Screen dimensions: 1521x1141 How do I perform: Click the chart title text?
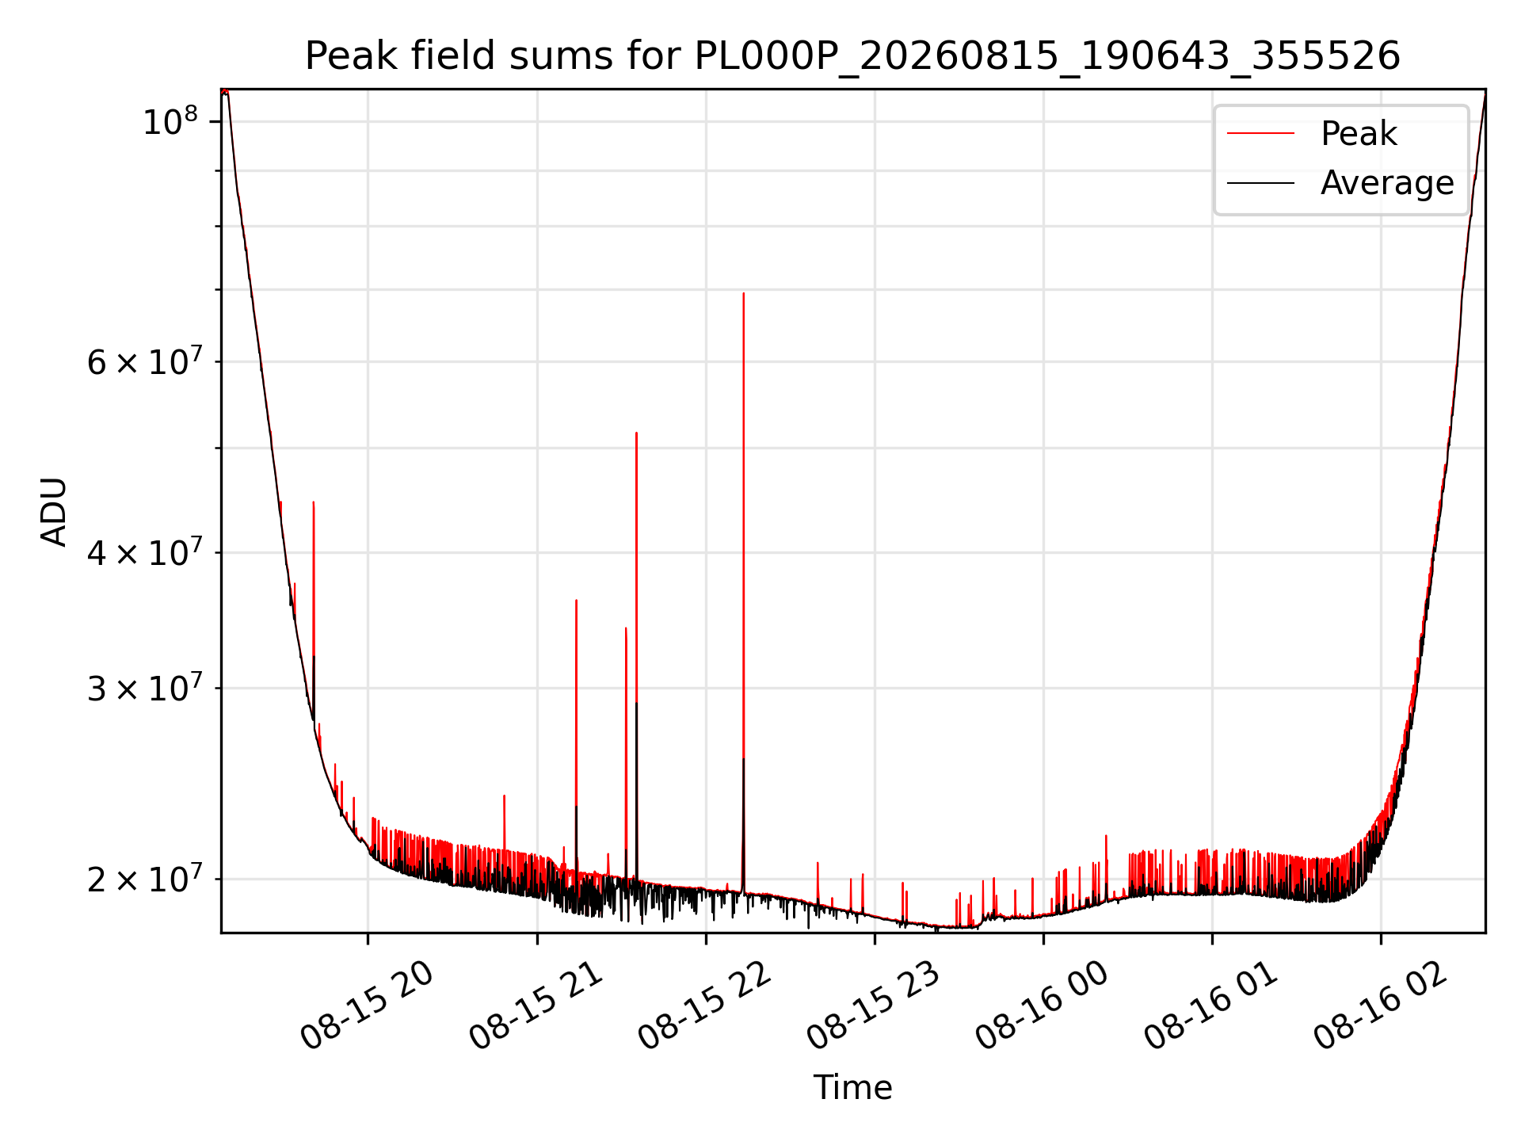(852, 56)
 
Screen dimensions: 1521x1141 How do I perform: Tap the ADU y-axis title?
(54, 511)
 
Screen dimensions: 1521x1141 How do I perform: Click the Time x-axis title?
(852, 1087)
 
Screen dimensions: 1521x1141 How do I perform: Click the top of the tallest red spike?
(743, 293)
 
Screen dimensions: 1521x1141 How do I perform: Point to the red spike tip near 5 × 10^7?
(636, 433)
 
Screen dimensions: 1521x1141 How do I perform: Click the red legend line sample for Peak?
(1261, 133)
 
